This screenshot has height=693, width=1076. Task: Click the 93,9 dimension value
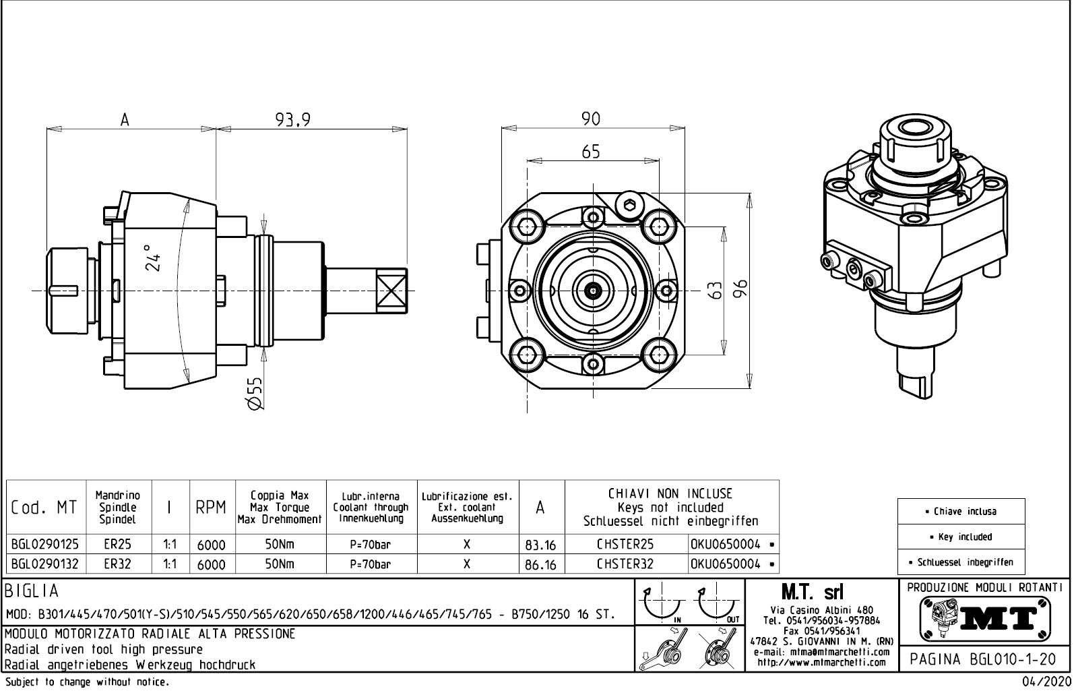point(292,119)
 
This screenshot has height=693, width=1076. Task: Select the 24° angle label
point(154,258)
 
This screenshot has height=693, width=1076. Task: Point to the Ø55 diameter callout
point(254,393)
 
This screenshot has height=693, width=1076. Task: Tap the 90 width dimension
point(590,119)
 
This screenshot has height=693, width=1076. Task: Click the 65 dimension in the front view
point(590,152)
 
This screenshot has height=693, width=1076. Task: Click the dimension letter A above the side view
point(125,120)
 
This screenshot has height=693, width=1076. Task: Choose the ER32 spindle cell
point(118,564)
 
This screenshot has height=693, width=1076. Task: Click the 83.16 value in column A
point(540,545)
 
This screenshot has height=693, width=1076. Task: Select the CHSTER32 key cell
point(625,564)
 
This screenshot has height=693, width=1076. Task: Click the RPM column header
point(211,508)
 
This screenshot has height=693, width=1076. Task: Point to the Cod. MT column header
point(44,508)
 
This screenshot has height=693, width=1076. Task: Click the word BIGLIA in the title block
point(32,591)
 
